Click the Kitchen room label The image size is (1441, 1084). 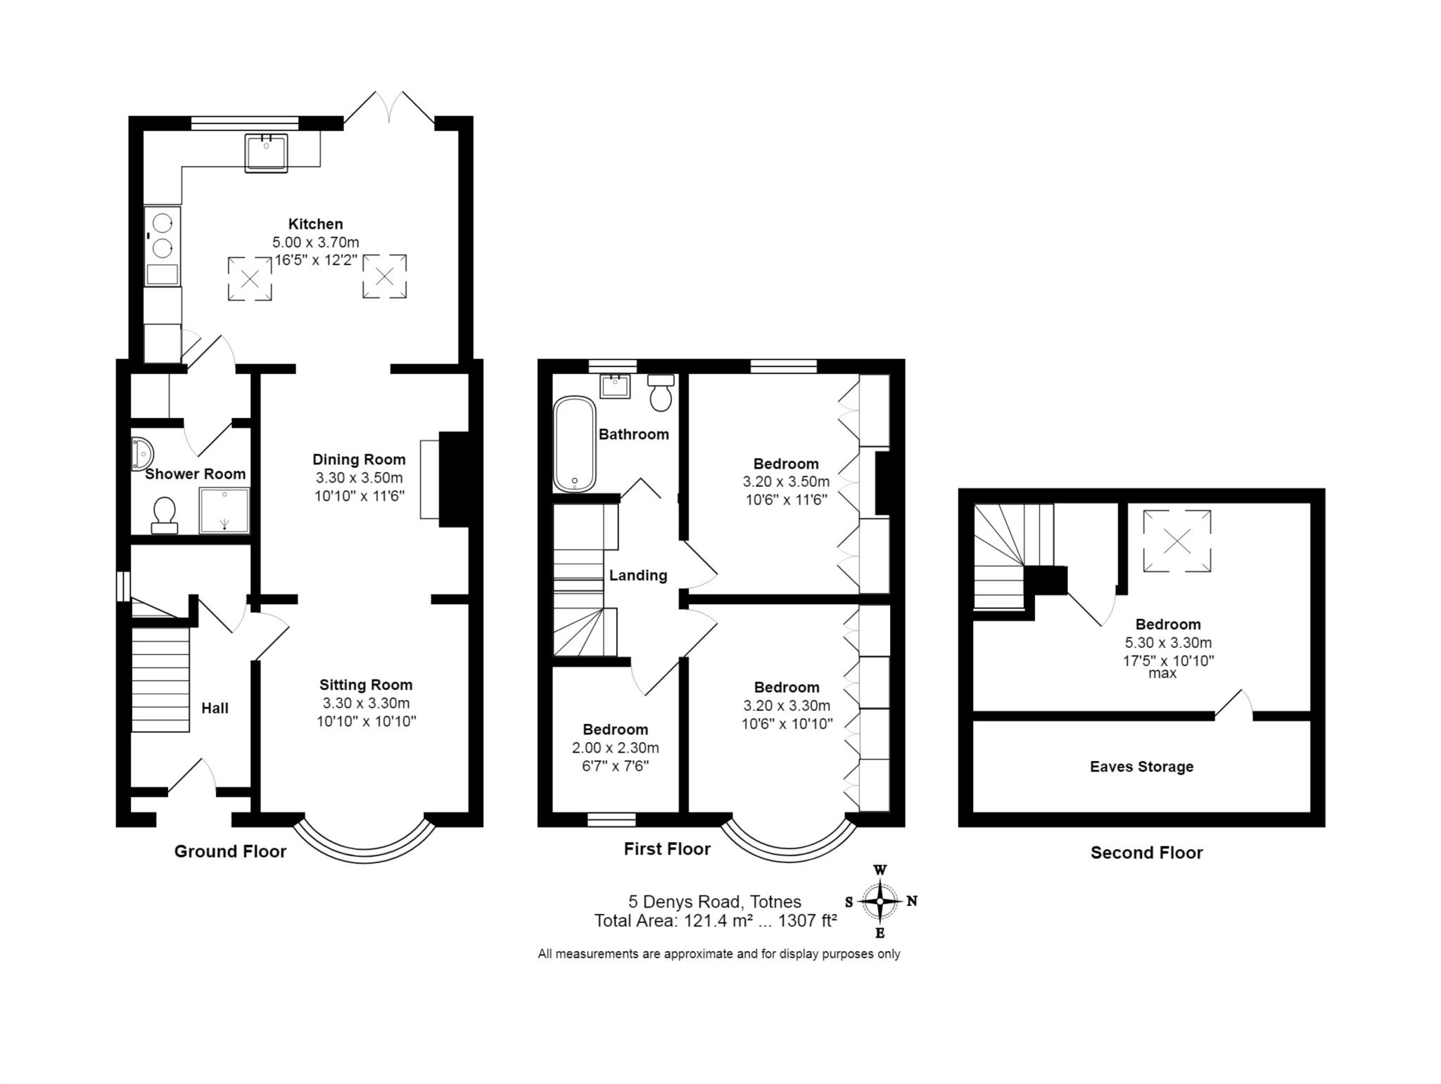[315, 224]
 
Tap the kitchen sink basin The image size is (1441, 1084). [267, 153]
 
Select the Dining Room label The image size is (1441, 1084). [359, 459]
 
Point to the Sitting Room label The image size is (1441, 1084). [366, 684]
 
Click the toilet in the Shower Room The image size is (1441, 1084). [165, 516]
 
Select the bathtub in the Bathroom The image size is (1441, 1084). [574, 445]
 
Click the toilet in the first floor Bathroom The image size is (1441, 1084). [661, 393]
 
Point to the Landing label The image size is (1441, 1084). [638, 575]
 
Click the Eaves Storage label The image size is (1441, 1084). [1141, 767]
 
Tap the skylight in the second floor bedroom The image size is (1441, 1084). [1177, 541]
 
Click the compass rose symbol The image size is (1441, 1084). [880, 901]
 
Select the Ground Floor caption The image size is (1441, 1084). [230, 852]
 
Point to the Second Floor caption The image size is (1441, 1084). [1146, 853]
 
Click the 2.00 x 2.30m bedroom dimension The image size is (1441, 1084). [615, 748]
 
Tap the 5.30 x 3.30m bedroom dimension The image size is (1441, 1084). [1168, 642]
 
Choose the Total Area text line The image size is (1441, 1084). [716, 921]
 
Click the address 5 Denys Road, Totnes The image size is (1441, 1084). [715, 902]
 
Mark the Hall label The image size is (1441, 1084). [215, 708]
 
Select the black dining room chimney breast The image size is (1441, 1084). [454, 478]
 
